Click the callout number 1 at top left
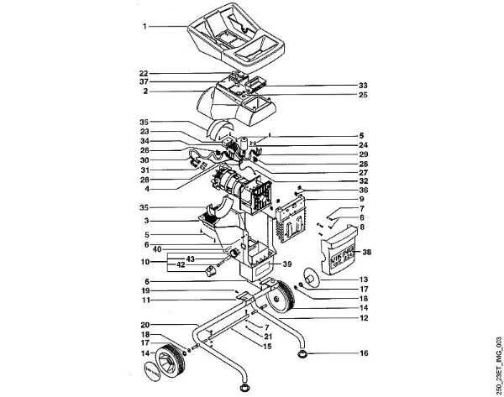click(x=144, y=27)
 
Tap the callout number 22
click(x=144, y=72)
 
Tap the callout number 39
click(x=288, y=264)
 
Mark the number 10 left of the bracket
click(x=144, y=262)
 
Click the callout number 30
click(x=144, y=160)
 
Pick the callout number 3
click(x=144, y=220)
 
